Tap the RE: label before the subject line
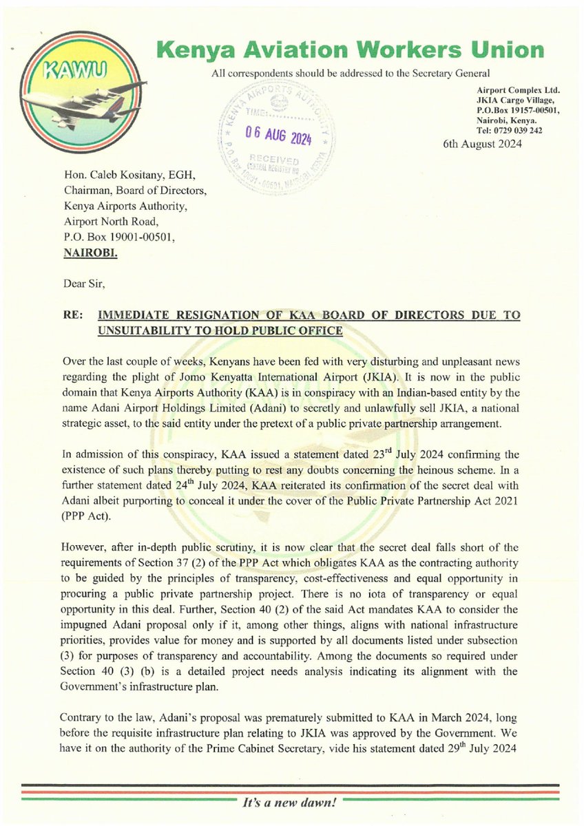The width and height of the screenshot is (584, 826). pos(72,315)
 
